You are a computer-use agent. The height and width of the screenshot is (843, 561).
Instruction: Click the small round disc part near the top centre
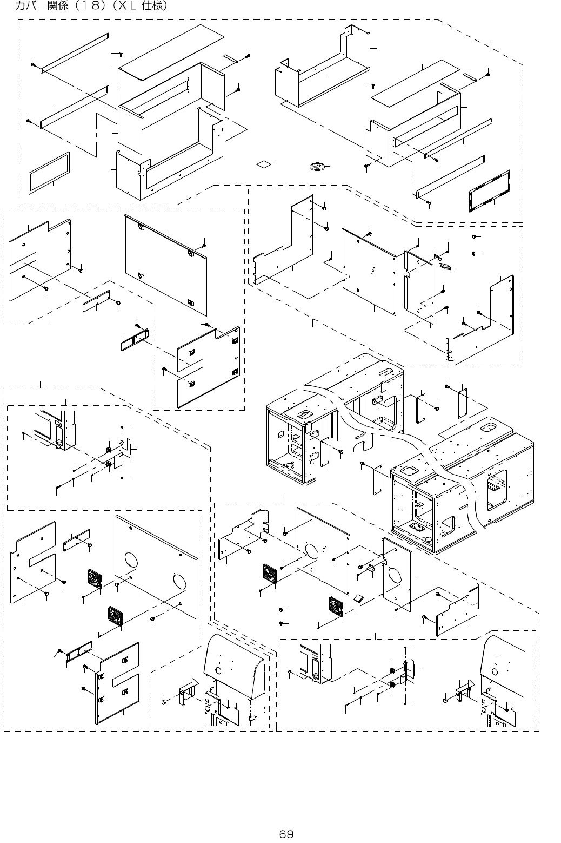[316, 166]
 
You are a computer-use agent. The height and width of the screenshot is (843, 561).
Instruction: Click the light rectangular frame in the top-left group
[49, 172]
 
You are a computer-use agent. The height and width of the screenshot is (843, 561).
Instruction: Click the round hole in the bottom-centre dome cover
[218, 670]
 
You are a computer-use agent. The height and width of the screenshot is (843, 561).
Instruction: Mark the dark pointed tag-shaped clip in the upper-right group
[446, 266]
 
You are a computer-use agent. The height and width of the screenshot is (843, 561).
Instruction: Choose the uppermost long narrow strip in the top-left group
[75, 52]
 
